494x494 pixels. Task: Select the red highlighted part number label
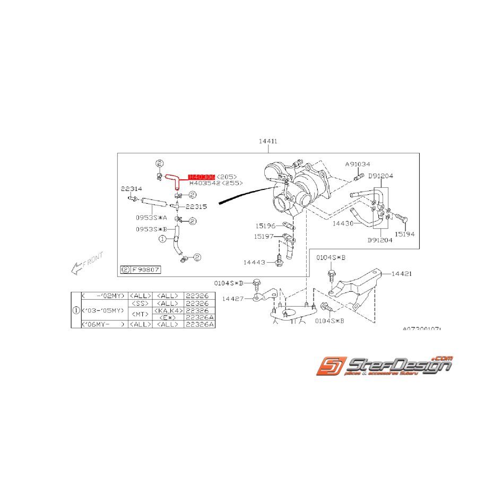202,177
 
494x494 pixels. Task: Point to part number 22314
131,189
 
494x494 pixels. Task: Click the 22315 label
196,206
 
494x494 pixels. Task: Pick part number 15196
264,226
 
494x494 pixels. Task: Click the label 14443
255,262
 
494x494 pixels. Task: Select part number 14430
343,224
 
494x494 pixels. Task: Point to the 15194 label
405,234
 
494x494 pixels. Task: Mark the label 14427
233,299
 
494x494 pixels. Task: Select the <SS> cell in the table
141,303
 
